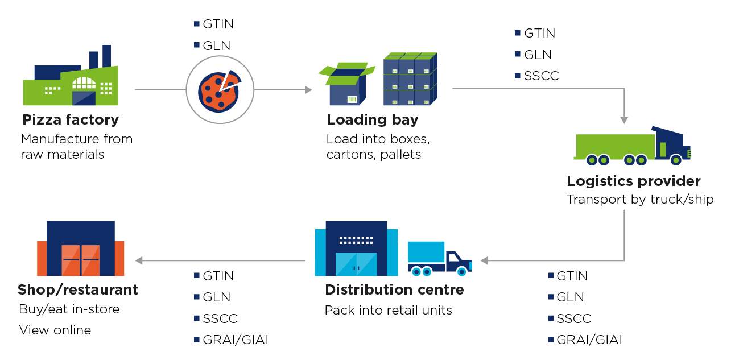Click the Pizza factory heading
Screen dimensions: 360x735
[71, 120]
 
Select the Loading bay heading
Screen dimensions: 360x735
[372, 120]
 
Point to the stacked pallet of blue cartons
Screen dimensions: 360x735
[410, 79]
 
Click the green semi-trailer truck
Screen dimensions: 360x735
[631, 148]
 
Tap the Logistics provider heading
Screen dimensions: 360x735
[633, 181]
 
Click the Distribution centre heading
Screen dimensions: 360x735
[394, 290]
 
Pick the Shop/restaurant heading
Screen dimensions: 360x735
[78, 290]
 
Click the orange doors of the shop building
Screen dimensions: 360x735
[81, 260]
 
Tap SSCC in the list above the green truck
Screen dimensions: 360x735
[541, 76]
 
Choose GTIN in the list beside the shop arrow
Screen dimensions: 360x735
[218, 276]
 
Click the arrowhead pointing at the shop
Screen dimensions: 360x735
[139, 260]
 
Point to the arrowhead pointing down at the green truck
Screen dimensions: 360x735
[624, 120]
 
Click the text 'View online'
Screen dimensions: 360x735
[55, 330]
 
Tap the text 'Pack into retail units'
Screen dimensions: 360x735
[388, 311]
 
